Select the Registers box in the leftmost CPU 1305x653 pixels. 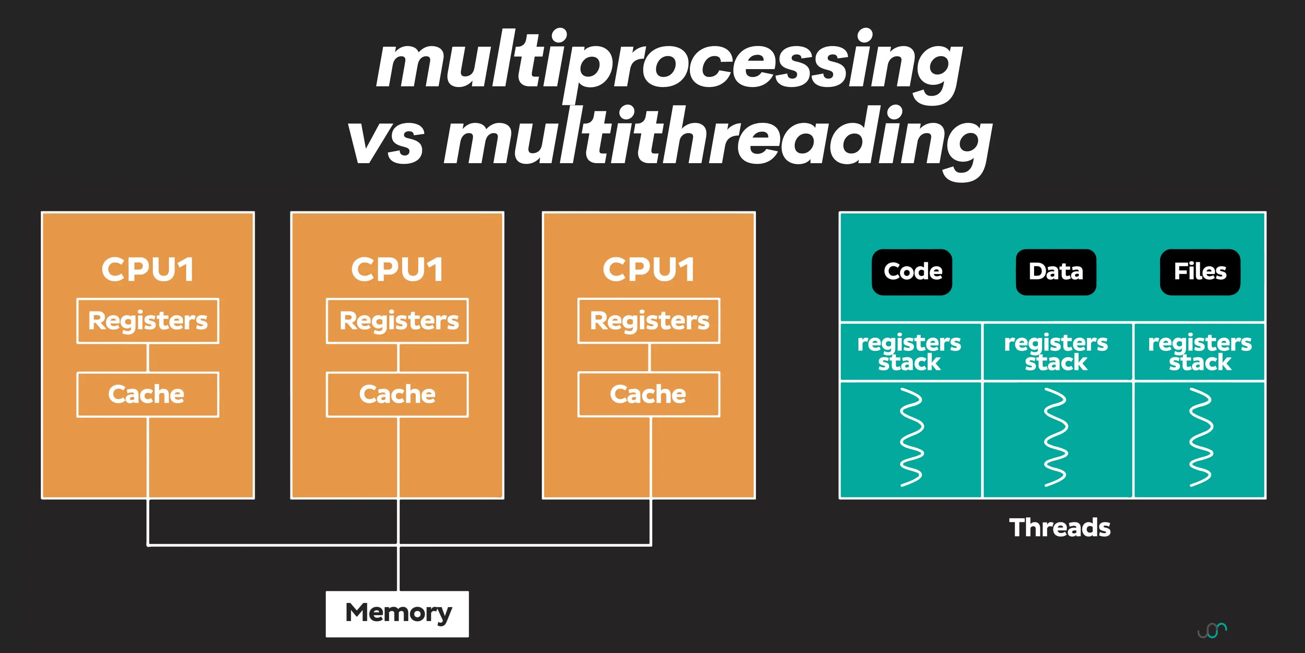tap(148, 321)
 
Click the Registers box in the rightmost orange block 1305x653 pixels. tap(649, 321)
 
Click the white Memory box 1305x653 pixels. tap(397, 613)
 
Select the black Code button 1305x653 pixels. tap(912, 272)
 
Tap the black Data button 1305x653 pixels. tap(1056, 272)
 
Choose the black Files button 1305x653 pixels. tap(1200, 272)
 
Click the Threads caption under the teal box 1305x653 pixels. tap(1060, 527)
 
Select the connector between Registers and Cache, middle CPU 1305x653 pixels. tap(398, 358)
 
